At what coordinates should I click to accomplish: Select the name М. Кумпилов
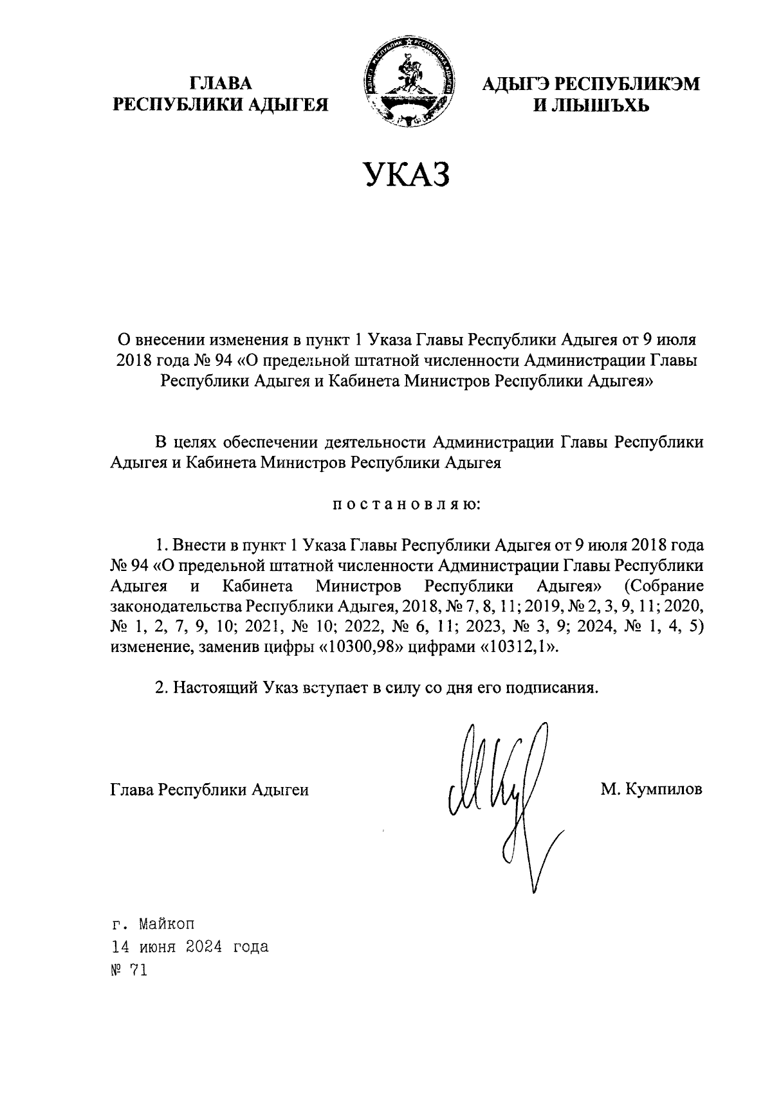pyautogui.click(x=651, y=789)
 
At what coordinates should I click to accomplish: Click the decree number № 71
pyautogui.click(x=129, y=970)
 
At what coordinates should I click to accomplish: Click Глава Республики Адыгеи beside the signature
pyautogui.click(x=210, y=789)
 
